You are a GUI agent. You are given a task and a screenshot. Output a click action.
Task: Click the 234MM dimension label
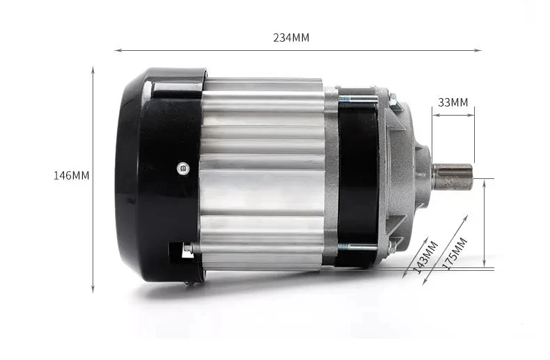(x=291, y=38)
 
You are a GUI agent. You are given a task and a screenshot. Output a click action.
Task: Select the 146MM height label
(x=72, y=175)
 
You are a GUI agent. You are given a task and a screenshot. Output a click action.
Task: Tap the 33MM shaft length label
(x=453, y=102)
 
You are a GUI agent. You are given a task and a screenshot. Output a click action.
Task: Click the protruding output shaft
(x=452, y=175)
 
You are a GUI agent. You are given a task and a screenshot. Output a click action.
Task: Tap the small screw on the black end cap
(x=182, y=167)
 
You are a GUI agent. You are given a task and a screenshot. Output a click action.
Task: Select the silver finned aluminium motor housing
(x=265, y=174)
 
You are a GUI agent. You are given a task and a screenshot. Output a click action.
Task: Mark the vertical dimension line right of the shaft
(x=485, y=223)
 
